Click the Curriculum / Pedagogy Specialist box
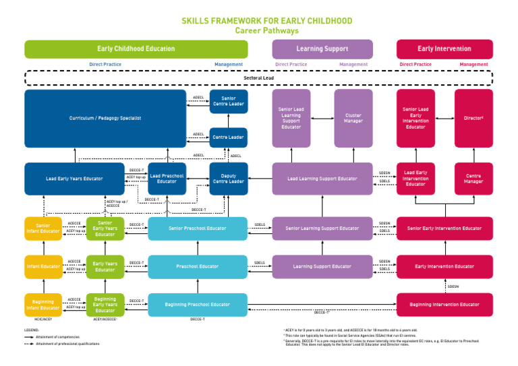(105, 119)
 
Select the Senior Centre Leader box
(229, 101)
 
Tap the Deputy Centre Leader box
(229, 179)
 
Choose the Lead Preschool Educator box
(167, 179)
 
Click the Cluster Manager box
(353, 119)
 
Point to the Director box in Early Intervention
(473, 119)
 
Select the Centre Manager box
(473, 179)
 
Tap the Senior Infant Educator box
(43, 228)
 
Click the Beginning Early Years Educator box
(105, 305)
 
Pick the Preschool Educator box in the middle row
(198, 267)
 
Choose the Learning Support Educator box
(322, 267)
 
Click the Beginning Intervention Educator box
(444, 305)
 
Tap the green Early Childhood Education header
(136, 49)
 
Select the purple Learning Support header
(322, 49)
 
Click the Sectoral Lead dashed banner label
(258, 78)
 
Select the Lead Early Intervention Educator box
(415, 179)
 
